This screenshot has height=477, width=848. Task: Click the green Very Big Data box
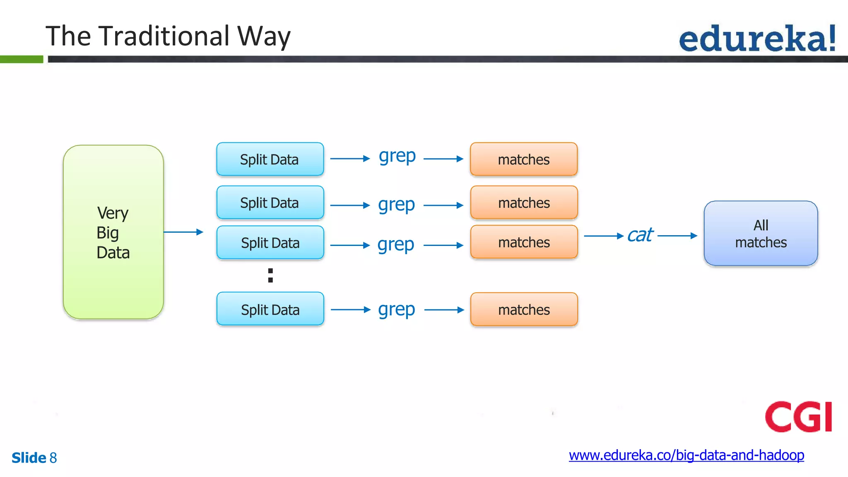tap(113, 232)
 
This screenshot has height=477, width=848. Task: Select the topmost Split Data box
tap(270, 159)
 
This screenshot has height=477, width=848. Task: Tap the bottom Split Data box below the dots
tap(270, 309)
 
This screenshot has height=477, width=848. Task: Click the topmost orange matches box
tap(524, 159)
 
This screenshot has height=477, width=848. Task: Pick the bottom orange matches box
tap(524, 309)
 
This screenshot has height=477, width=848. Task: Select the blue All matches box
tap(761, 234)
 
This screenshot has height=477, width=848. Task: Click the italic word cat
tap(640, 235)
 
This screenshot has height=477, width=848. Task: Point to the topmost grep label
tap(397, 157)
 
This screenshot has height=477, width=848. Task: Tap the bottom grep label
tap(396, 310)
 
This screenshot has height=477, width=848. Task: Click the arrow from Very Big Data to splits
tap(183, 232)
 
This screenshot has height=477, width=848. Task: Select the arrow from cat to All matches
tap(677, 236)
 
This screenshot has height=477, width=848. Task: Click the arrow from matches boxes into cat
tap(604, 236)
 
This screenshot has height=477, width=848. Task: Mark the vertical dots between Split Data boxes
tap(270, 275)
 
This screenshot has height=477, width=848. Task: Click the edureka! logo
tap(757, 38)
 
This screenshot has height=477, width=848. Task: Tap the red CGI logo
tap(798, 417)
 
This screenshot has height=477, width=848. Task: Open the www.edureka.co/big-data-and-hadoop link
tap(686, 455)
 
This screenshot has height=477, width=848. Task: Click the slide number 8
tap(53, 458)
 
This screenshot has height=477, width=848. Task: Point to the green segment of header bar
tap(22, 59)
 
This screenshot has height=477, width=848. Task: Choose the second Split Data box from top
tap(270, 202)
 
